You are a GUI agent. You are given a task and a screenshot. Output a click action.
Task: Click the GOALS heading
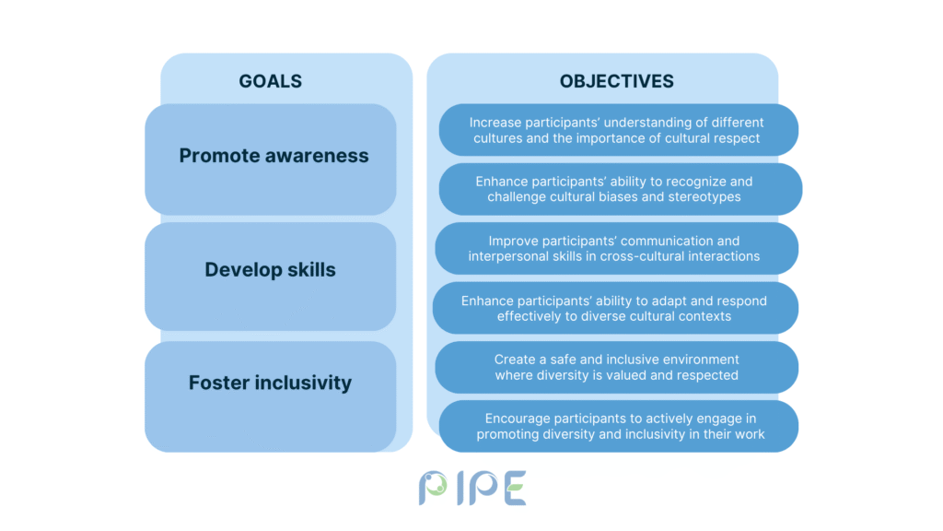tap(270, 81)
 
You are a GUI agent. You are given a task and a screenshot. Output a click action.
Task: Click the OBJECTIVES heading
tap(616, 81)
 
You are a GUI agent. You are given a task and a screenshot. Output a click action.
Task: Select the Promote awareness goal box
tap(270, 159)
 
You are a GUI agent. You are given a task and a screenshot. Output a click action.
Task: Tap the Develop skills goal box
tap(270, 277)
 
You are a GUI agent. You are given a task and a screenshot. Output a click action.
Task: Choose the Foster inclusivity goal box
tap(270, 396)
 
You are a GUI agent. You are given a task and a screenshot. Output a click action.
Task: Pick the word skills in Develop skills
tap(311, 269)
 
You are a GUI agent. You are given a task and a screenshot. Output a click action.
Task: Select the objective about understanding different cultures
tap(618, 130)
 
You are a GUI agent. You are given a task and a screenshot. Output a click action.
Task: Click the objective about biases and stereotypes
tap(621, 189)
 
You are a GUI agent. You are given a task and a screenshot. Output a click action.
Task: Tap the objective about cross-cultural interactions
tap(616, 249)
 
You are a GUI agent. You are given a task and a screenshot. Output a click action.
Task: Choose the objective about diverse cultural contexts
tap(615, 308)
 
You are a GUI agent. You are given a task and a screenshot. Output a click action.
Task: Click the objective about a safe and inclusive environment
tap(616, 367)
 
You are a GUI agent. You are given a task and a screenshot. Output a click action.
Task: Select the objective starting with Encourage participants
tap(618, 426)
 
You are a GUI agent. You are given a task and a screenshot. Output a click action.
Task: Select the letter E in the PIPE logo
tap(515, 488)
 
